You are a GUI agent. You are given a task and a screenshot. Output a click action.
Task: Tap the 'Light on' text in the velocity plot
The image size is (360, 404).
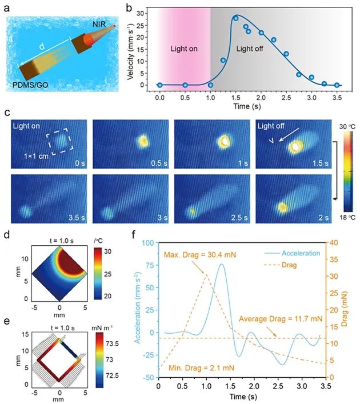(184, 50)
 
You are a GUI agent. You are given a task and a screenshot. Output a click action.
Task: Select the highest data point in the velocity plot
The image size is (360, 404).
(235, 18)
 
